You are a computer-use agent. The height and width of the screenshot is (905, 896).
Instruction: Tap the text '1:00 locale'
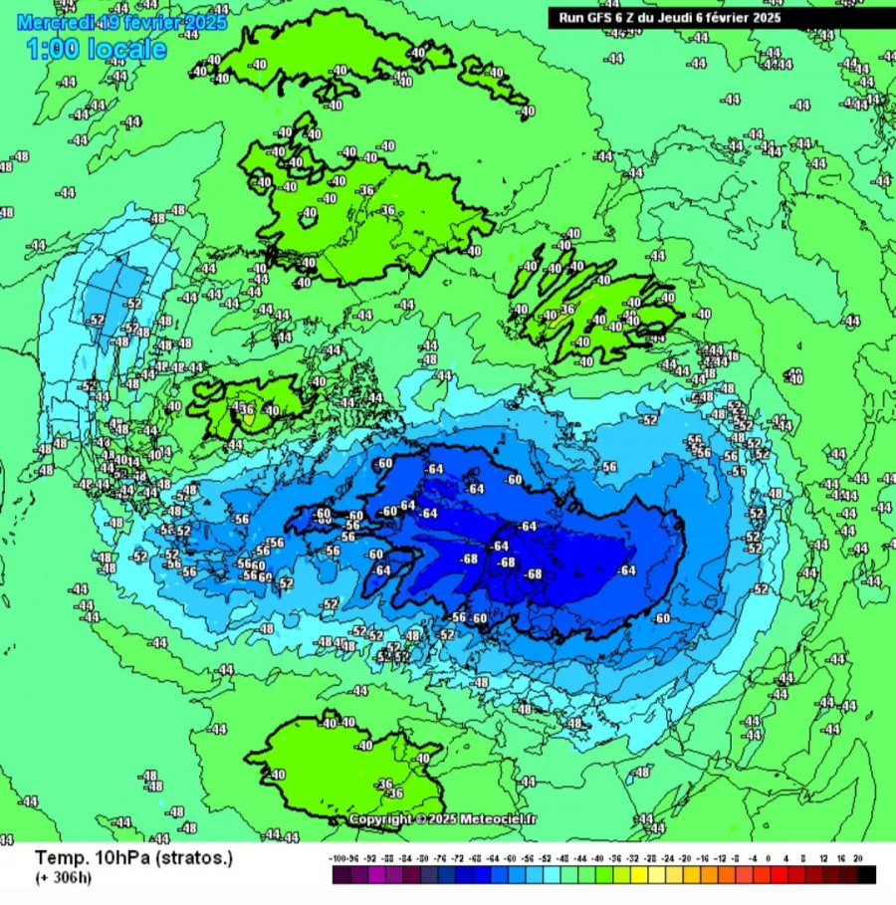click(x=97, y=48)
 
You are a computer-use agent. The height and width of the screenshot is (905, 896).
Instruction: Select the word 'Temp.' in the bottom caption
click(x=57, y=857)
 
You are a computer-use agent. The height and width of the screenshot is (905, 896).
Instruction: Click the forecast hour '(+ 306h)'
click(x=63, y=877)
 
